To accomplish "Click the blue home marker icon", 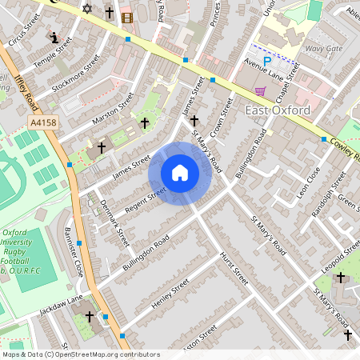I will (180, 173).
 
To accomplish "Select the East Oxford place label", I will (278, 110).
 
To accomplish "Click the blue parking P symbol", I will (268, 59).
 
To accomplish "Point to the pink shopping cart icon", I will (259, 91).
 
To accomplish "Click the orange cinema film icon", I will (126, 17).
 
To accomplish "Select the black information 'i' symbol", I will (54, 37).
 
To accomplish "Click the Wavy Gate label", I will (323, 48).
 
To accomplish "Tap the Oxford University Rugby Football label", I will (29, 252).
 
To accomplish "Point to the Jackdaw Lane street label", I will (62, 303).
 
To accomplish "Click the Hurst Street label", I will (234, 267).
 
